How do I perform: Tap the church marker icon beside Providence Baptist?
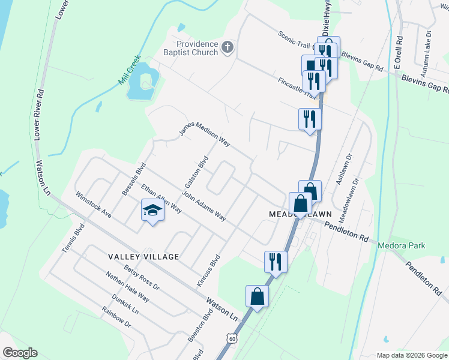pyautogui.click(x=228, y=47)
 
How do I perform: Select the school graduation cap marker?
pyautogui.click(x=152, y=211)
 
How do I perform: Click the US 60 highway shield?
pyautogui.click(x=232, y=340)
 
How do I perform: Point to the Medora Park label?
pyautogui.click(x=401, y=245)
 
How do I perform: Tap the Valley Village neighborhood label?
pyautogui.click(x=143, y=257)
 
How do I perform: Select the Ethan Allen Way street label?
pyautogui.click(x=161, y=199)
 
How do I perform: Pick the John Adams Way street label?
pyautogui.click(x=204, y=207)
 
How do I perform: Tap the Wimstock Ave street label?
pyautogui.click(x=94, y=205)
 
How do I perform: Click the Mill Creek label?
pyautogui.click(x=130, y=68)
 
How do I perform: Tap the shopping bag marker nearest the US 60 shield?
pyautogui.click(x=257, y=296)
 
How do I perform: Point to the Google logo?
pyautogui.click(x=19, y=353)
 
